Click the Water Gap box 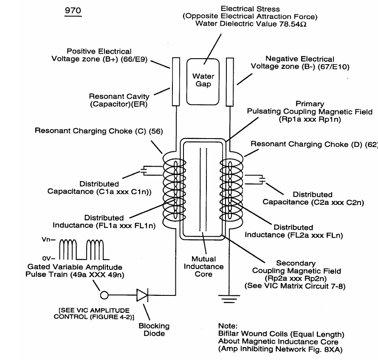[x=203, y=81]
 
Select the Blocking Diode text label [x=154, y=330]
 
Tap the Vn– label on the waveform [x=48, y=240]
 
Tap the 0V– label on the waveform [x=48, y=258]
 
